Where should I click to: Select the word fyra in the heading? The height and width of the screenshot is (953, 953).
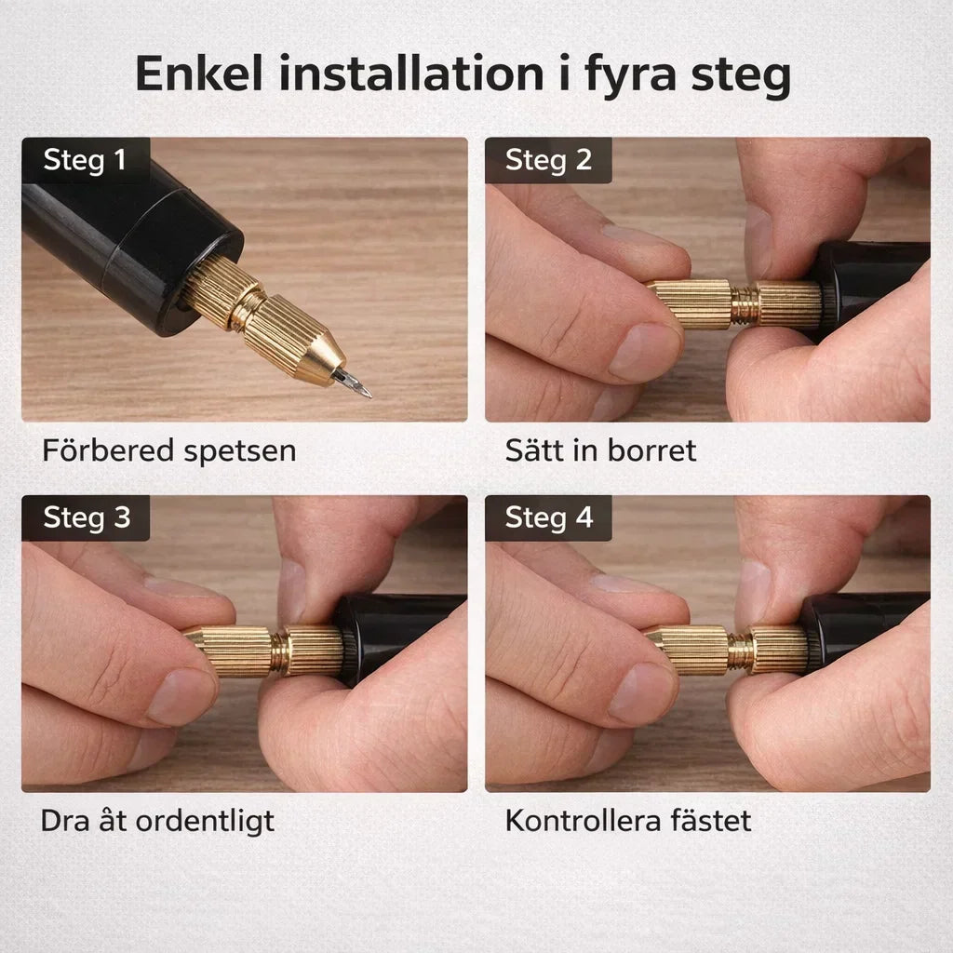coord(630,76)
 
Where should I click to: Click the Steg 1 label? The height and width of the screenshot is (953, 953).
coord(85,160)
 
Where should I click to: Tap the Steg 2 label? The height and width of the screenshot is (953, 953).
coord(548,160)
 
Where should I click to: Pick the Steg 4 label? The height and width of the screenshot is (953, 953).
coord(549,517)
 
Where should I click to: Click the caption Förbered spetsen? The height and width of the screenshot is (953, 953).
coord(169,451)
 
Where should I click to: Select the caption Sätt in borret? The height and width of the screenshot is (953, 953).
coord(600,450)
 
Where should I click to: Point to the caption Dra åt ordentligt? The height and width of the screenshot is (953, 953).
coord(157,822)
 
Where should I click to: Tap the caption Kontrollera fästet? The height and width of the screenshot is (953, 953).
coord(628,821)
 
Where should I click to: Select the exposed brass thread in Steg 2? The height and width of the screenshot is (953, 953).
coord(745,304)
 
